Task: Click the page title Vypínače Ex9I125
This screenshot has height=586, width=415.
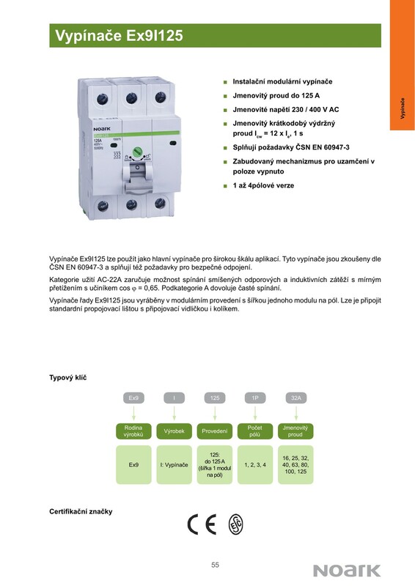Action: coord(119,35)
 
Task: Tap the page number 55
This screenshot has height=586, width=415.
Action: coord(215,565)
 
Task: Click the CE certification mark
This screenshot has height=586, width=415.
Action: coord(202,524)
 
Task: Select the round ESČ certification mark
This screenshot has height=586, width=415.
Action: coord(236,524)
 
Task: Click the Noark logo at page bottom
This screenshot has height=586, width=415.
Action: coord(347,571)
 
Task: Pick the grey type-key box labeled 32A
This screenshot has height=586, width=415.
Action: coord(296,398)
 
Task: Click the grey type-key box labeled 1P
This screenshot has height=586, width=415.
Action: coord(255,398)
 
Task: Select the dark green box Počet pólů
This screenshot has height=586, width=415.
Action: coord(255,431)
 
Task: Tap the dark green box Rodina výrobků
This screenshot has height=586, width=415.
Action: coord(133,431)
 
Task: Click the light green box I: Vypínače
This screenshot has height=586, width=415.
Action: coord(174,465)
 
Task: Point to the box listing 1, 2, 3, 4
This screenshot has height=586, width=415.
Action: coord(255,465)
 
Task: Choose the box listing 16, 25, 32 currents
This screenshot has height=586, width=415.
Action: coord(295,465)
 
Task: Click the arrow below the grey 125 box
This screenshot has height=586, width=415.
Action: coord(215,413)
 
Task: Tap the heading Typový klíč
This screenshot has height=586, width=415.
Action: coord(67,377)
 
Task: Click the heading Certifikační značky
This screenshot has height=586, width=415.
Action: coord(81,511)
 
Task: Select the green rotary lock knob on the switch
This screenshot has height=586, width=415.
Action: coord(137,151)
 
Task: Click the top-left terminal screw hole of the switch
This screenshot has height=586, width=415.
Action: coord(102,99)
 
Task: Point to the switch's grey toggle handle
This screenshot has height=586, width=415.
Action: coord(137,174)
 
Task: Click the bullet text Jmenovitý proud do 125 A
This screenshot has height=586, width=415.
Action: coord(276,96)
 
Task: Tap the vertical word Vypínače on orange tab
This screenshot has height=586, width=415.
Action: coord(403,108)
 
